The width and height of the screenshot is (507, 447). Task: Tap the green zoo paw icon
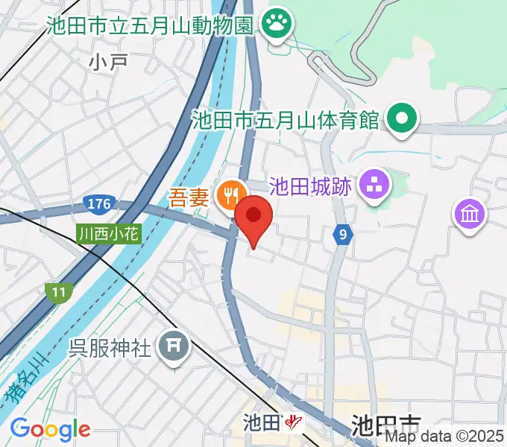[277, 25]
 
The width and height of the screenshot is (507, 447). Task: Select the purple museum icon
[470, 215]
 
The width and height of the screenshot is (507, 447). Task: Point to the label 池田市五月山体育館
[286, 119]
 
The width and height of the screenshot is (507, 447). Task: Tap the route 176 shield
[98, 203]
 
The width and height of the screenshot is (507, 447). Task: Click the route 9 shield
[342, 235]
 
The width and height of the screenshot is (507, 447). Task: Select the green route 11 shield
[57, 291]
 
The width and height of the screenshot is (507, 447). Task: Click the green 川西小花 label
[108, 234]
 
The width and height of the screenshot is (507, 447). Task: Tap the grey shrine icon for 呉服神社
[174, 346]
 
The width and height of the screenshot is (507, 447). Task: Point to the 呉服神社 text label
[110, 346]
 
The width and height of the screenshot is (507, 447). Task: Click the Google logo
[50, 429]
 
